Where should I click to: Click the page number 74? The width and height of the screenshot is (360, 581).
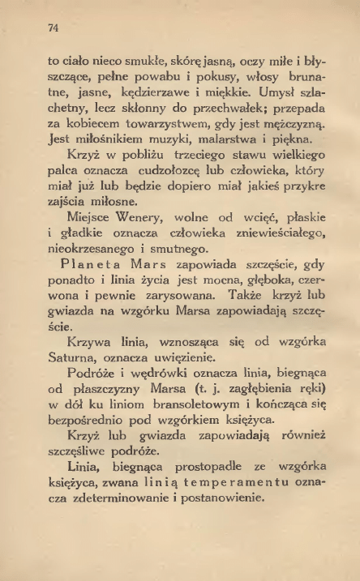point(54,28)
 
